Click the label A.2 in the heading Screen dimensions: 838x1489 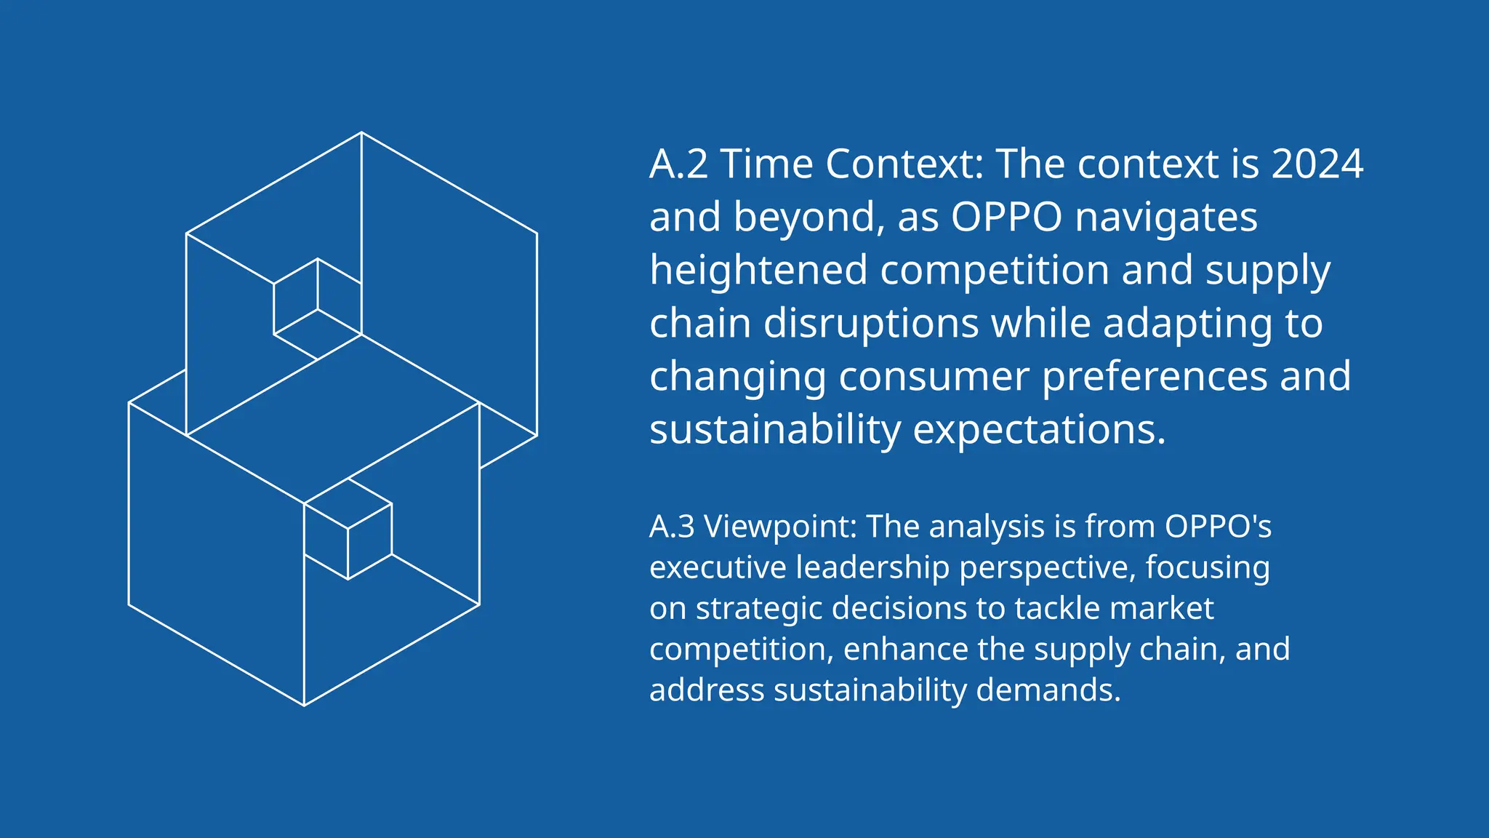678,164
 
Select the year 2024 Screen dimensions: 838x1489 1317,164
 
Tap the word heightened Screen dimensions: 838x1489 758,271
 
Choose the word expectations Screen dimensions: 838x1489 1039,430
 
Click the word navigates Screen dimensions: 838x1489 1165,218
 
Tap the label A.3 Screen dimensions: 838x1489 672,527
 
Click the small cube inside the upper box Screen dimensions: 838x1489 318,309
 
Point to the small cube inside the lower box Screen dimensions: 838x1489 348,529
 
